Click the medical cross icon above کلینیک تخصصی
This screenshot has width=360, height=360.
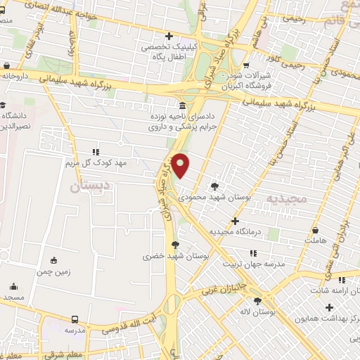pos(168,36)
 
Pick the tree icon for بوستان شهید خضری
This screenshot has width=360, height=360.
pos(175,245)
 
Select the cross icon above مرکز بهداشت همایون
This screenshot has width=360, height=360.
pos(329,307)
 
